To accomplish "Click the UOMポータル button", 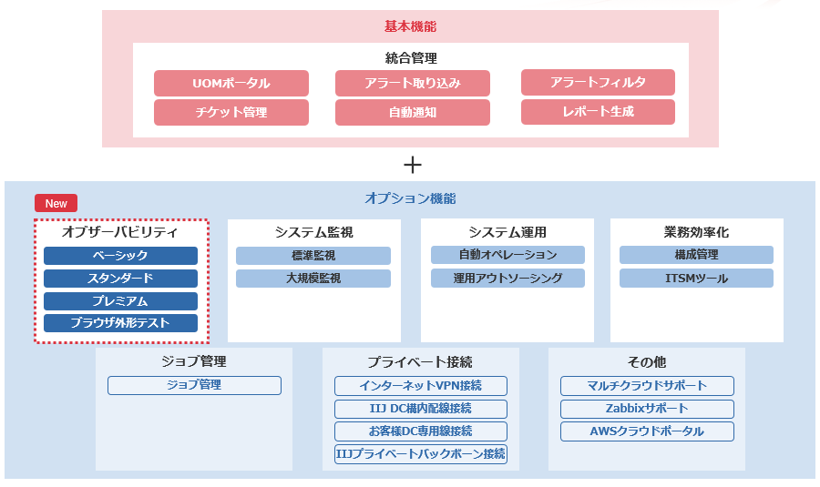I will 231,84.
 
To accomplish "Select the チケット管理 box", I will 231,113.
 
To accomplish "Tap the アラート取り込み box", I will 412,84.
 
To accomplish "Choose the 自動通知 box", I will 412,113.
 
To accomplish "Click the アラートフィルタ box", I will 598,83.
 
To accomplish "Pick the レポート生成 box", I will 598,112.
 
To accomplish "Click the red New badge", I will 56,203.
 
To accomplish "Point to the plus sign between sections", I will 413,165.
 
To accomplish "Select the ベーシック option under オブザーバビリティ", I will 120,256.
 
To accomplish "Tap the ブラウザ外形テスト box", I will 120,323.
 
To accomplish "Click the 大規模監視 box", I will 313,279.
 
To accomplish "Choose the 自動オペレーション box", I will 507,255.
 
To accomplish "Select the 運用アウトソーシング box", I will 507,279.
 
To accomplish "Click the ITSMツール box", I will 696,279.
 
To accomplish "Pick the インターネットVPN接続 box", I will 420,386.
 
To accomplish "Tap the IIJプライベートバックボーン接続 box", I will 420,454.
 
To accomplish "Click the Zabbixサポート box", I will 647,409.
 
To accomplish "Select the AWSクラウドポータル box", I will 647,431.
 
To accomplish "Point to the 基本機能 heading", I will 410,27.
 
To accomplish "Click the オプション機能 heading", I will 410,198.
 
